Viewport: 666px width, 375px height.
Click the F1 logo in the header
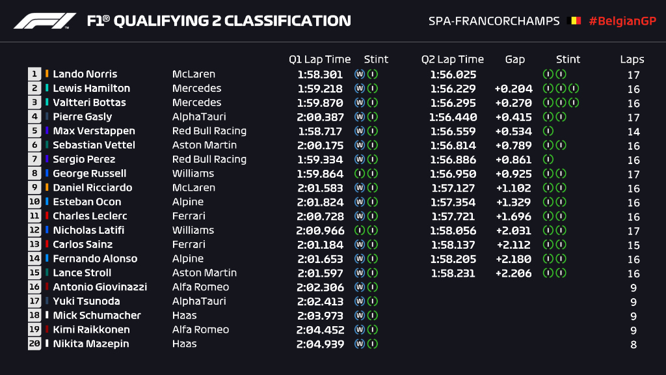(45, 21)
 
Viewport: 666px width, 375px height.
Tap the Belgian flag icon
(575, 21)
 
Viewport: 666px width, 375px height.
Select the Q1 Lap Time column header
(319, 59)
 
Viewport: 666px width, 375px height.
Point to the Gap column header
(514, 59)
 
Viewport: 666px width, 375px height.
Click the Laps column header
(632, 59)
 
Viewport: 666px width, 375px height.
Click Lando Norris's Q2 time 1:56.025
(453, 74)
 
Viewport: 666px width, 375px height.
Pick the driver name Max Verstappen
(94, 131)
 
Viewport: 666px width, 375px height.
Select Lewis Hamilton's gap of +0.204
(513, 89)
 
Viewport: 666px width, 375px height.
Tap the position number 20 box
(34, 344)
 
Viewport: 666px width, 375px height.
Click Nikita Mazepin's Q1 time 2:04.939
(320, 344)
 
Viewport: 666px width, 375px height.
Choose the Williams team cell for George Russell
(193, 174)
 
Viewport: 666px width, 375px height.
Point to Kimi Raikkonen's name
(91, 329)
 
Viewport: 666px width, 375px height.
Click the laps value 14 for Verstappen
(633, 132)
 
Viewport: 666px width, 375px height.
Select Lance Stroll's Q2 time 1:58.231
(453, 273)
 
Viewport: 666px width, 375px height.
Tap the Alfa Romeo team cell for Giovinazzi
(200, 287)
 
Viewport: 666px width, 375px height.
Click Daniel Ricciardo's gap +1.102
(513, 188)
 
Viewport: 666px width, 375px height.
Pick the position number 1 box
(34, 74)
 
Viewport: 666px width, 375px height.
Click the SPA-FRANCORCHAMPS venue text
(494, 21)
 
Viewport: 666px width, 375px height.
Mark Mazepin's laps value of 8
(633, 344)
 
